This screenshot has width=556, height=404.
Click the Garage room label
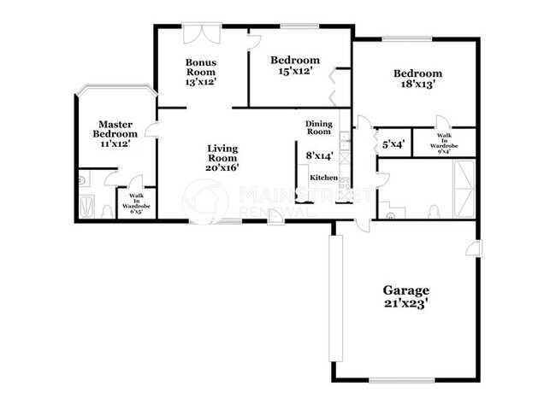405,290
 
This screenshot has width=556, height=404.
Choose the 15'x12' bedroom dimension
295,73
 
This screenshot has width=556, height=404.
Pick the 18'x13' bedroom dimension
418,85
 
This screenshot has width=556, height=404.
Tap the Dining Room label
318,128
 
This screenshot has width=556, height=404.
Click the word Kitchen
323,178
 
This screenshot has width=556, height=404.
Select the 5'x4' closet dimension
393,144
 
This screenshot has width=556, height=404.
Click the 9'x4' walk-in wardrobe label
444,143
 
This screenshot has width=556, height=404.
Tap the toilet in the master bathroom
106,210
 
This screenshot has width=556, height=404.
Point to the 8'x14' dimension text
318,155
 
